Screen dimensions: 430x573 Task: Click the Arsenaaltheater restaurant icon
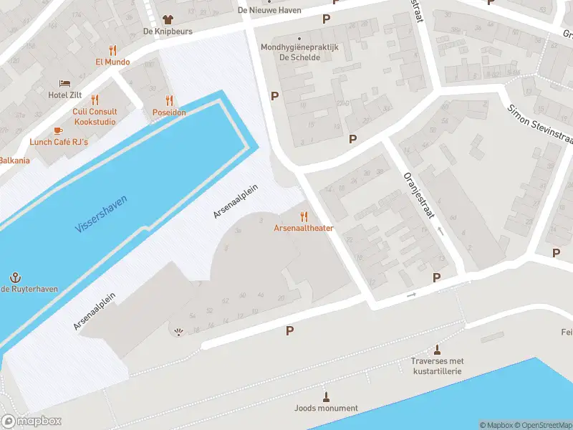(x=304, y=216)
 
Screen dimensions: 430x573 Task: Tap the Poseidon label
(x=169, y=113)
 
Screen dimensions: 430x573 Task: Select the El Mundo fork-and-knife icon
(x=112, y=50)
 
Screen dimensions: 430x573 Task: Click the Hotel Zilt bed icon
(x=64, y=83)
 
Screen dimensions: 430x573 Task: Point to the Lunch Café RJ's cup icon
(x=58, y=130)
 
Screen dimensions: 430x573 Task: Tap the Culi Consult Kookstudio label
(x=94, y=116)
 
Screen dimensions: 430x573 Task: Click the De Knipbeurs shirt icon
(x=168, y=19)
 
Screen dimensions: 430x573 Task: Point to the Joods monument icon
(x=326, y=396)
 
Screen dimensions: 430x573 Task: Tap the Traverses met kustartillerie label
(x=438, y=366)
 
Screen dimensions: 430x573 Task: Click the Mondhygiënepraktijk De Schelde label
(x=299, y=52)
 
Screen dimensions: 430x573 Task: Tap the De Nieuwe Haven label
(x=269, y=10)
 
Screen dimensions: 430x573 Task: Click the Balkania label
(x=14, y=160)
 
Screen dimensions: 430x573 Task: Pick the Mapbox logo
(x=32, y=421)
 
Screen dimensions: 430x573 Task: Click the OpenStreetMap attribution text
(x=538, y=425)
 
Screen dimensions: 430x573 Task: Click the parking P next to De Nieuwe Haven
(x=327, y=19)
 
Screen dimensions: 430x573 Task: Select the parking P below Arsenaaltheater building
(x=290, y=330)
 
